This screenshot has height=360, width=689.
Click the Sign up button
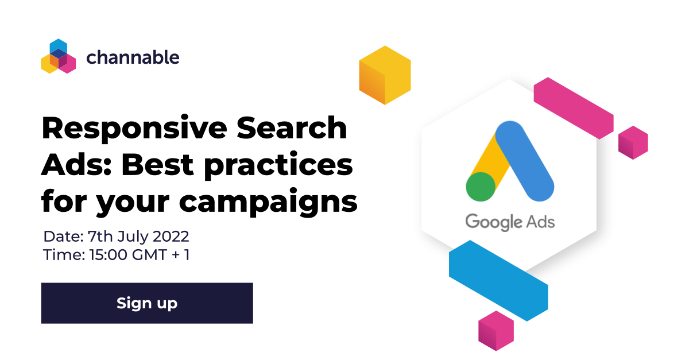[x=147, y=303]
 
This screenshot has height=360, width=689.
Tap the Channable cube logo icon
[x=59, y=56]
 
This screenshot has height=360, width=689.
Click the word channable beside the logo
[x=133, y=57]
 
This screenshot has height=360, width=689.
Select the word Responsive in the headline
[x=134, y=129]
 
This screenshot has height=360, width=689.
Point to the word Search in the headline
[x=292, y=127]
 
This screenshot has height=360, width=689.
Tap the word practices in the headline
[x=278, y=166]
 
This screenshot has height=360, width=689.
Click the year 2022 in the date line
[x=171, y=237]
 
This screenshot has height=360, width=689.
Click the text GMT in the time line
[x=149, y=255]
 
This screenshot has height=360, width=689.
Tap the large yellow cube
[x=385, y=75]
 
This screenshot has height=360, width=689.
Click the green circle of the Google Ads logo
[x=481, y=187]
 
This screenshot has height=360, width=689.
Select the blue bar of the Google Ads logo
[x=525, y=161]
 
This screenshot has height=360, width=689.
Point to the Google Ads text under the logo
[x=510, y=222]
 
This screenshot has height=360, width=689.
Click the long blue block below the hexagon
[x=498, y=281]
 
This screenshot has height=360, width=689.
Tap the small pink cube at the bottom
[x=496, y=331]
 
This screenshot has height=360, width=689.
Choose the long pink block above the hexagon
[x=574, y=108]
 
